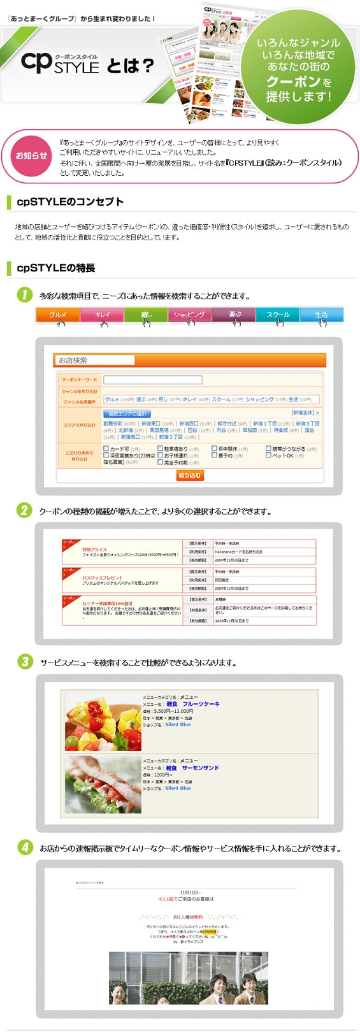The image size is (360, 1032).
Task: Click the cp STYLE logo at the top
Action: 60,62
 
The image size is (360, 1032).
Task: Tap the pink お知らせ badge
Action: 31,155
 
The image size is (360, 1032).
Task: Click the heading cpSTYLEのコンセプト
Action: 70,202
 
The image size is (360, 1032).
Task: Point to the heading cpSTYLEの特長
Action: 56,268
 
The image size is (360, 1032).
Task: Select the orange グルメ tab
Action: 58,315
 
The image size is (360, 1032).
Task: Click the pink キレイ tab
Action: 102,315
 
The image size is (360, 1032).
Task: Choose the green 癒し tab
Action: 146,315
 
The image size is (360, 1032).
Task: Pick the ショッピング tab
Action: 189,315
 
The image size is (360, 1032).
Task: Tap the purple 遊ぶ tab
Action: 234,315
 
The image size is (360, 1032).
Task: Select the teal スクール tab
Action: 278,315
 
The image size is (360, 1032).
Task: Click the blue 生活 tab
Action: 321,315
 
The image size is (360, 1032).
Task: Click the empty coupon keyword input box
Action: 153,380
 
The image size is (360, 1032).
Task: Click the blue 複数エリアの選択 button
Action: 127,414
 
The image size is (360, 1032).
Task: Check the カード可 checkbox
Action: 106,448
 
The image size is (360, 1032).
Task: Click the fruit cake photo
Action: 103,722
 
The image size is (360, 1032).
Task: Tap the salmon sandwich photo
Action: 103,784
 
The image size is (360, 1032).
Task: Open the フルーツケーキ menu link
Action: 201,704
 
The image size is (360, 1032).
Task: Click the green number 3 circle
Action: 25,661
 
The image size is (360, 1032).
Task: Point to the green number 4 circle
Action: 25,847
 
